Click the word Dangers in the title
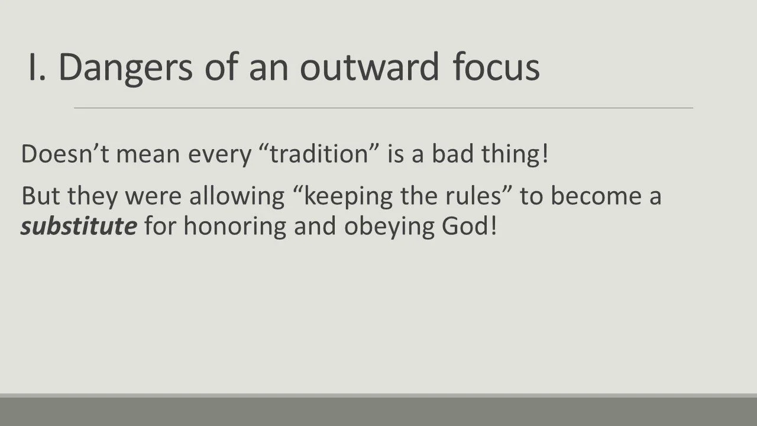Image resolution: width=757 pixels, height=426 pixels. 125,67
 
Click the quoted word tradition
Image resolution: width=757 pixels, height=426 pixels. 320,154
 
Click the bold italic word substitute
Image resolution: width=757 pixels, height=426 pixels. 79,227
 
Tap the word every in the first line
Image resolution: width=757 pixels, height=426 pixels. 219,155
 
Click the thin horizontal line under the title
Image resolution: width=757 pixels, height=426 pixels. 383,108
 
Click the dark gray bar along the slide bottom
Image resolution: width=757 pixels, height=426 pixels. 378,411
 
